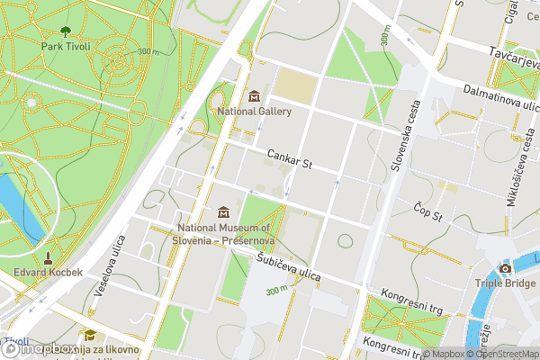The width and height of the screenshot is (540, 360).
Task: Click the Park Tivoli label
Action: tap(64, 44)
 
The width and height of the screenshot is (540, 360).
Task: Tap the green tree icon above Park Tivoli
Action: tap(64, 30)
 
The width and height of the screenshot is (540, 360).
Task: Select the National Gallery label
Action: tap(255, 111)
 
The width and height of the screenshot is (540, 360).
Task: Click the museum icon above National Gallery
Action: tap(254, 95)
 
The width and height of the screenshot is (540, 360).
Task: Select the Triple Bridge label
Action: tap(505, 283)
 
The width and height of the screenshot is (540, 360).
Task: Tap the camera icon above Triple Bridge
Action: tap(505, 268)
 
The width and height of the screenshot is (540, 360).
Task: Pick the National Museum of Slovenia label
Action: tap(225, 235)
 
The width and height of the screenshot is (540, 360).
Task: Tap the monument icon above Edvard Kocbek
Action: tap(49, 256)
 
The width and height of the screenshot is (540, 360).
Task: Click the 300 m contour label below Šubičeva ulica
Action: tap(276, 291)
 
